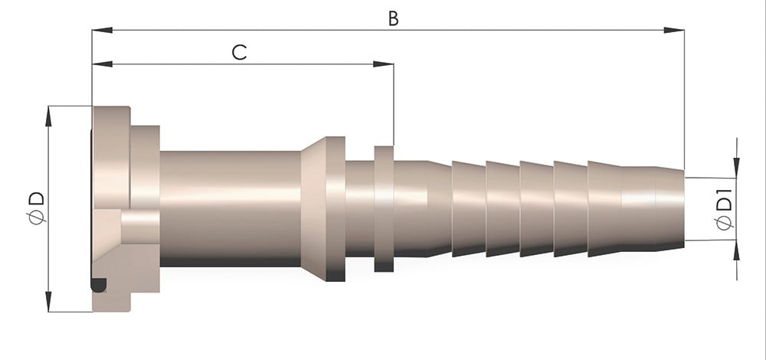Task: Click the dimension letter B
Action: [393, 18]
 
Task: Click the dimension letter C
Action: [239, 52]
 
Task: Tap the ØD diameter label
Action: [37, 208]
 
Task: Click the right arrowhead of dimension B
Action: [673, 31]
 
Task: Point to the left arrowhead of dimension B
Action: [102, 31]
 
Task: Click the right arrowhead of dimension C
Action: [384, 64]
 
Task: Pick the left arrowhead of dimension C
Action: [102, 64]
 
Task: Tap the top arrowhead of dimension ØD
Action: [48, 116]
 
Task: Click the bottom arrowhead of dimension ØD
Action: [48, 301]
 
